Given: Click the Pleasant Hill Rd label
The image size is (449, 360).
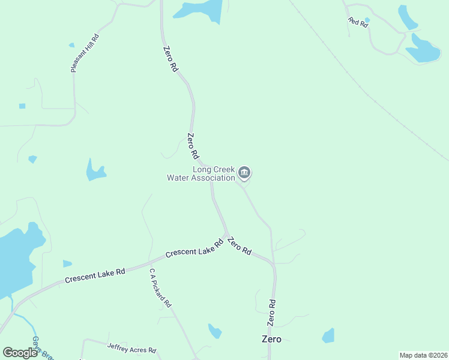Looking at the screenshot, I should (85, 53).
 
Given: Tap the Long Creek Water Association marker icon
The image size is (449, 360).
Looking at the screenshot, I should (244, 173).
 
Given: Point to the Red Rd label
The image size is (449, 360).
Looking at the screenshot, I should (357, 22).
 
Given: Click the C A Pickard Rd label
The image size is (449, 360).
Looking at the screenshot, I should (160, 288).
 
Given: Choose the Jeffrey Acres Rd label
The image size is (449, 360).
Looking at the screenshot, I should (131, 347).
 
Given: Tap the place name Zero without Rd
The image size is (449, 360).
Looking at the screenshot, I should (271, 339).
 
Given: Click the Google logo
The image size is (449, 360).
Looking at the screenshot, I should (20, 353).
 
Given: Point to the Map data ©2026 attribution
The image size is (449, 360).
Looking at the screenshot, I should (423, 355).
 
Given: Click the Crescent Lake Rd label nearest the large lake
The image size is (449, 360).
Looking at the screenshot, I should (95, 275).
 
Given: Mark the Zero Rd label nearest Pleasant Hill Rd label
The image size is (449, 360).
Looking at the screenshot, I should (170, 59).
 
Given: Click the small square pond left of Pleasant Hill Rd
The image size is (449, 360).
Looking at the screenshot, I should (22, 106).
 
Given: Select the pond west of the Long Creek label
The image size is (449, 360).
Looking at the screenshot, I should (95, 170).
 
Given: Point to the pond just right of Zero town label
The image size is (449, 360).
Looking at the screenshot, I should (328, 335).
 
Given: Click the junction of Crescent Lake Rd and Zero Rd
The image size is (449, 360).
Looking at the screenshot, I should (226, 235).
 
